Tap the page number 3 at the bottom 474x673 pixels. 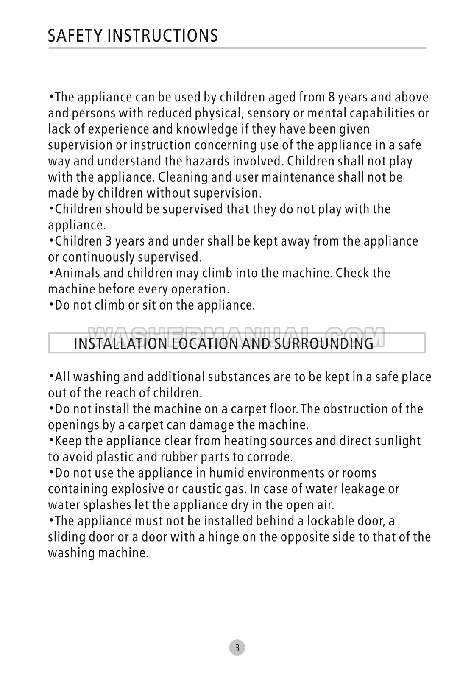[x=237, y=648]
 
